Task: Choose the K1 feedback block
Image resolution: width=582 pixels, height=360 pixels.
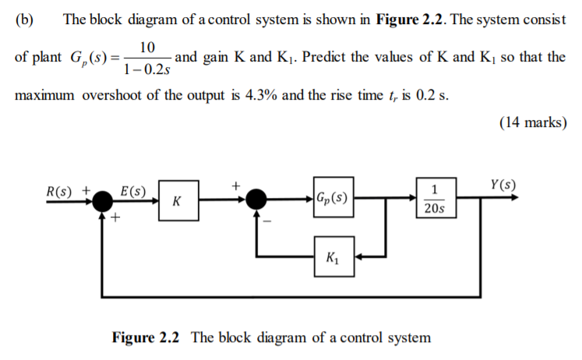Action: pos(332,255)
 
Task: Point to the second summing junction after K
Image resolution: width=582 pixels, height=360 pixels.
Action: pos(256,201)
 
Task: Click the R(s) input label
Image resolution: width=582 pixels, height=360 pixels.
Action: pos(62,190)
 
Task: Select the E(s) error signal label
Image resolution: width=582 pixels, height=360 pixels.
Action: pos(133,191)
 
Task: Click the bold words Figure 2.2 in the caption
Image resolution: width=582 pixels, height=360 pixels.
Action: pos(146,338)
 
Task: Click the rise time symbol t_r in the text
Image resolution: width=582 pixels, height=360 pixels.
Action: pos(381,96)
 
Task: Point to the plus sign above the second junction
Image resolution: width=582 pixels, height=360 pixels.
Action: pos(235,186)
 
